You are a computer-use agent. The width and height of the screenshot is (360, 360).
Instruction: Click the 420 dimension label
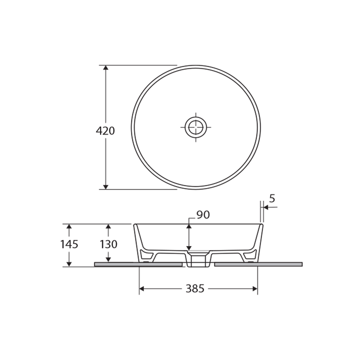coord(105,131)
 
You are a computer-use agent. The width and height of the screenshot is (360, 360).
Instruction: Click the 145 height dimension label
coord(69,244)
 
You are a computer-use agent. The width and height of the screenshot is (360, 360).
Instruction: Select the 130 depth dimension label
coord(108,244)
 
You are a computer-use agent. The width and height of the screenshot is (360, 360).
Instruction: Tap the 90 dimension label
coord(203,215)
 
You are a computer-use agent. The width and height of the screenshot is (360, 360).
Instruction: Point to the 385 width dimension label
coord(195,289)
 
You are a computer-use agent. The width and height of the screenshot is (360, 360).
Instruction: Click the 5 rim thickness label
coord(272,198)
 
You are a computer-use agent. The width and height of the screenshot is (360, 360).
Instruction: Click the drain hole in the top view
coord(195,127)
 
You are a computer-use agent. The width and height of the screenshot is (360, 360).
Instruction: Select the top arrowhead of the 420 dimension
coord(105,68)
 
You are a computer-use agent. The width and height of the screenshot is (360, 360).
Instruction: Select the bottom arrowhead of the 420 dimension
coord(105,186)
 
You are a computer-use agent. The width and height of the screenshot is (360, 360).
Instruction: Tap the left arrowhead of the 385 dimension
coord(142,288)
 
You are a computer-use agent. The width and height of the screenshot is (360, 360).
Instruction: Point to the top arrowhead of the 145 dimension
coord(69,227)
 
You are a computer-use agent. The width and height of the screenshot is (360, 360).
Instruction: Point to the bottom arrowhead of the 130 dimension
coord(108,259)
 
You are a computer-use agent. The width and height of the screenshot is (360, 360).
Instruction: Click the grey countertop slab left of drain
coord(138,264)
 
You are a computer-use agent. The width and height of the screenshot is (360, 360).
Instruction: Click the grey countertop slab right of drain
coord(258,264)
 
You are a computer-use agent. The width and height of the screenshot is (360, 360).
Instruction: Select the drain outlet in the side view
coord(198,260)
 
